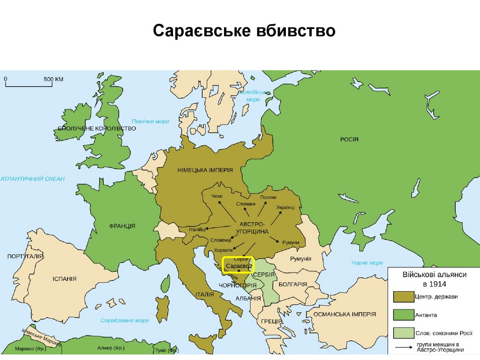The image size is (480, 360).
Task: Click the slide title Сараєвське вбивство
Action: pyautogui.click(x=244, y=31)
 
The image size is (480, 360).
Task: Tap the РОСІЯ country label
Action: pyautogui.click(x=349, y=139)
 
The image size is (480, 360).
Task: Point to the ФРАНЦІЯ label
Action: pyautogui.click(x=122, y=226)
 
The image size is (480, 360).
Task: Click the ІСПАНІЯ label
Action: pyautogui.click(x=64, y=278)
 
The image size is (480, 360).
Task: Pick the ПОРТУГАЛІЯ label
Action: pyautogui.click(x=25, y=256)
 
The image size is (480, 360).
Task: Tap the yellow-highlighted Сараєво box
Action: pyautogui.click(x=238, y=265)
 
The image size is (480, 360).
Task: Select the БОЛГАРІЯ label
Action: pyautogui.click(x=292, y=285)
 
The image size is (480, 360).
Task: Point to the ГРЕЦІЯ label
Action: pyautogui.click(x=271, y=322)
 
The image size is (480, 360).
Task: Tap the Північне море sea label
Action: pyautogui.click(x=150, y=121)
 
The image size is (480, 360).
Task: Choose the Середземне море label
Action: pyautogui.click(x=125, y=321)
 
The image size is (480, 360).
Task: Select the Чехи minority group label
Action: pyautogui.click(x=217, y=196)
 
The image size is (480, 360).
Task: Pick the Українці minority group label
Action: pyautogui.click(x=285, y=207)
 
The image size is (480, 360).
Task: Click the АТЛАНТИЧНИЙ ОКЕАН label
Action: pyautogui.click(x=32, y=179)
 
